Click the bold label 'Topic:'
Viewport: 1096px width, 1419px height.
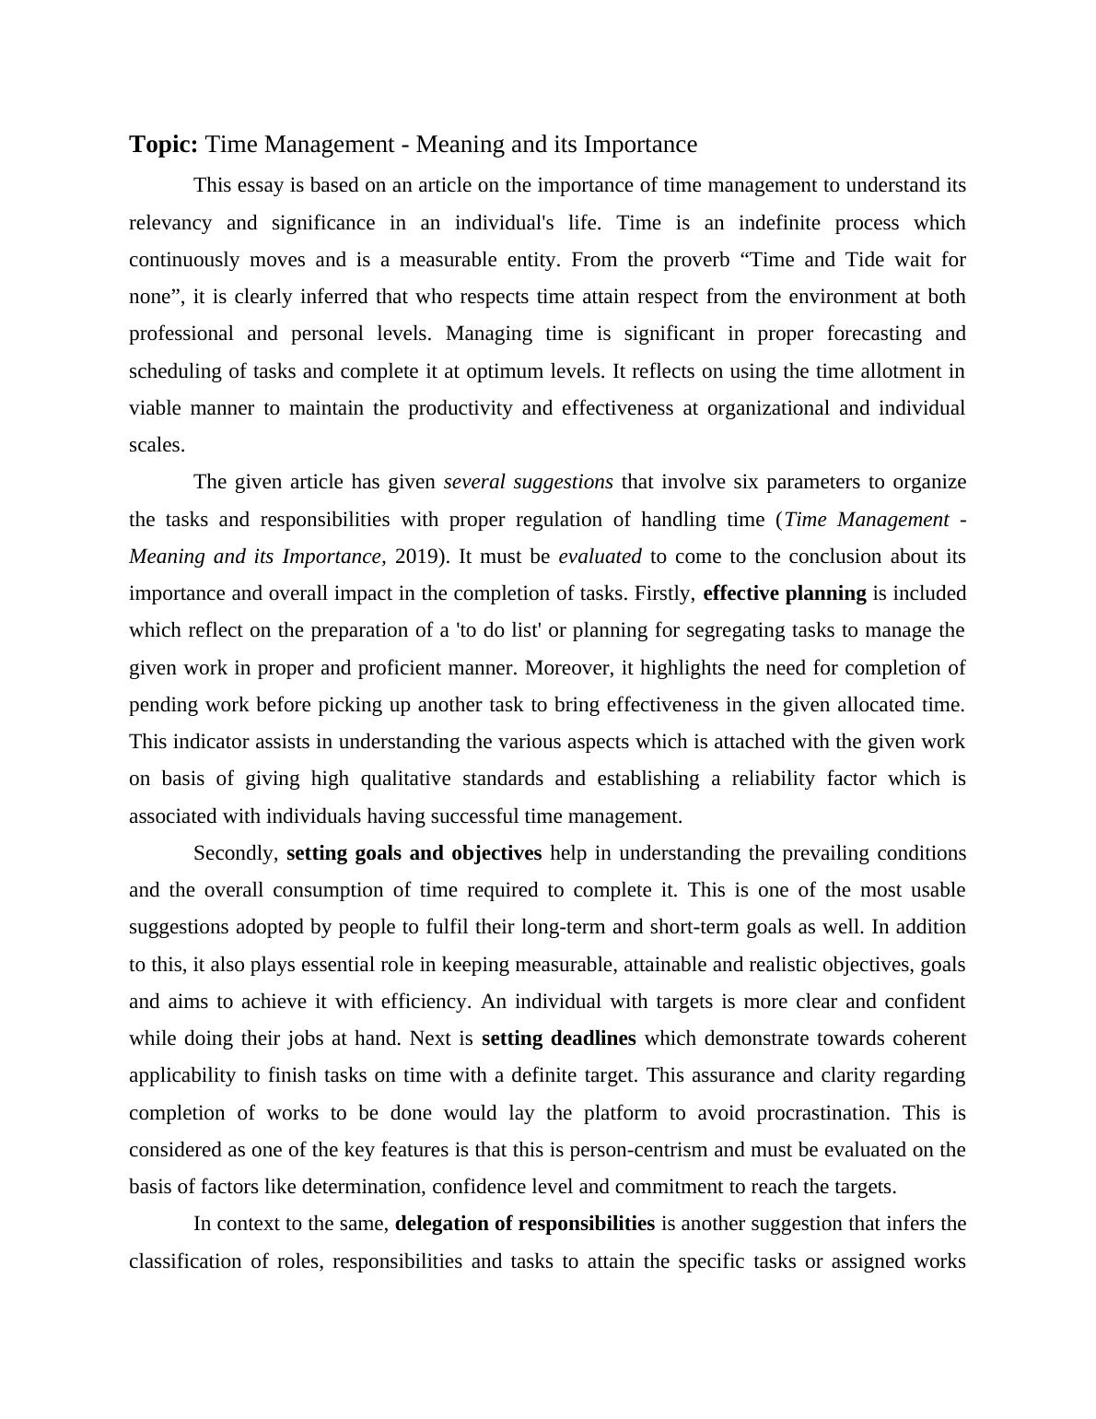point(163,145)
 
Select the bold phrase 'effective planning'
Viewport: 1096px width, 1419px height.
point(784,593)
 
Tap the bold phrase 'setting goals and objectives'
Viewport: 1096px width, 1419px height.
point(414,853)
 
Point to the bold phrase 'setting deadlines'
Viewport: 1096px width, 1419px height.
point(558,1038)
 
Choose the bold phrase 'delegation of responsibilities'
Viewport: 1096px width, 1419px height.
point(524,1224)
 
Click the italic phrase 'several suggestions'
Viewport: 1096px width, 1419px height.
point(528,482)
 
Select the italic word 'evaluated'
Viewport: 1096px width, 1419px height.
point(600,557)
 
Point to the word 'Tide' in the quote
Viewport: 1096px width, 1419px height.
point(864,260)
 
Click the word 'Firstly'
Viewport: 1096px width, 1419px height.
point(664,593)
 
